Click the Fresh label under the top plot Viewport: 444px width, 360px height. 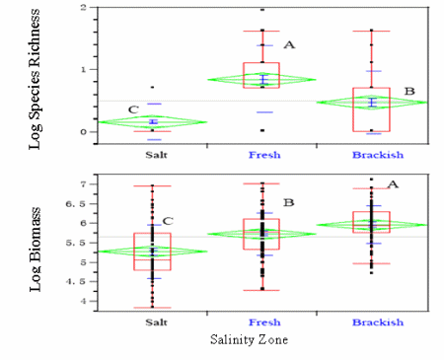(x=260, y=155)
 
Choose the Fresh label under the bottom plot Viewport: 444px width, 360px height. (x=260, y=321)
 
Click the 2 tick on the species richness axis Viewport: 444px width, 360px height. (x=83, y=8)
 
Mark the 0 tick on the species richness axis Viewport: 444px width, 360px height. (x=83, y=131)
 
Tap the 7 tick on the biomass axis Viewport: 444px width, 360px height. (x=83, y=184)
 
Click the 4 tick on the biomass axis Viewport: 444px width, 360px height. (x=83, y=301)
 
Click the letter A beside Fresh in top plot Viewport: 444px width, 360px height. (x=288, y=45)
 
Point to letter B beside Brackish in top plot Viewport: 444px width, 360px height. (x=408, y=91)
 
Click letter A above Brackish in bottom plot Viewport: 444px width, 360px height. (x=392, y=184)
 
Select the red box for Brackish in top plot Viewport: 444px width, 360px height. (x=371, y=109)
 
